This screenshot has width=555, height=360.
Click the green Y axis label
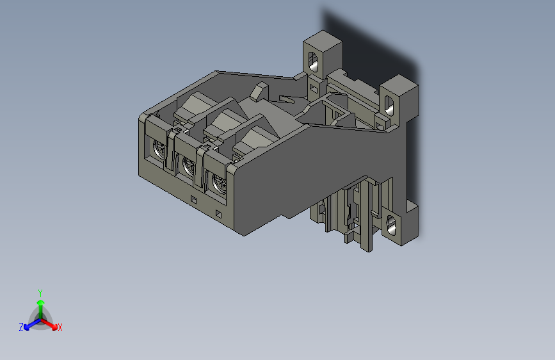[40, 292]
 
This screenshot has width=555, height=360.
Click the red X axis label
[60, 328]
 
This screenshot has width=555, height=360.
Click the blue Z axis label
[21, 327]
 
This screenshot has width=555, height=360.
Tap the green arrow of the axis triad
[40, 305]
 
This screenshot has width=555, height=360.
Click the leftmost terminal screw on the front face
[157, 151]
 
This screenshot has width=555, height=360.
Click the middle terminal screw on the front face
[188, 167]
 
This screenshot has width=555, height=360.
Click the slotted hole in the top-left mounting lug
[314, 62]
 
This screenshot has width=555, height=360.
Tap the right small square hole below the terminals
[218, 213]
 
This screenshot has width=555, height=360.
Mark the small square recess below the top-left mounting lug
[313, 86]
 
